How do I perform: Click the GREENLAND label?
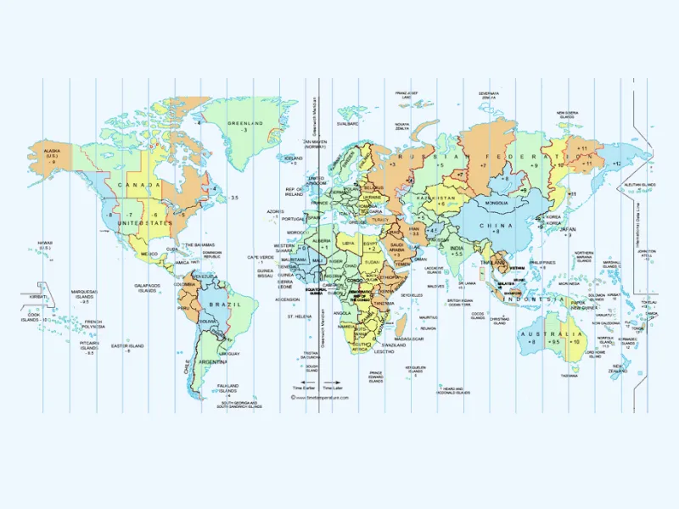point(245,123)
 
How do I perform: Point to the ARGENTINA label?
point(212,361)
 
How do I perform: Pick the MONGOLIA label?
point(496,204)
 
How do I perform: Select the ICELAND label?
point(294,158)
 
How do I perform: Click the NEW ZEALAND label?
point(618,367)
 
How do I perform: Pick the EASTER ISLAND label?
point(127,346)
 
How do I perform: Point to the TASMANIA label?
point(569,376)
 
